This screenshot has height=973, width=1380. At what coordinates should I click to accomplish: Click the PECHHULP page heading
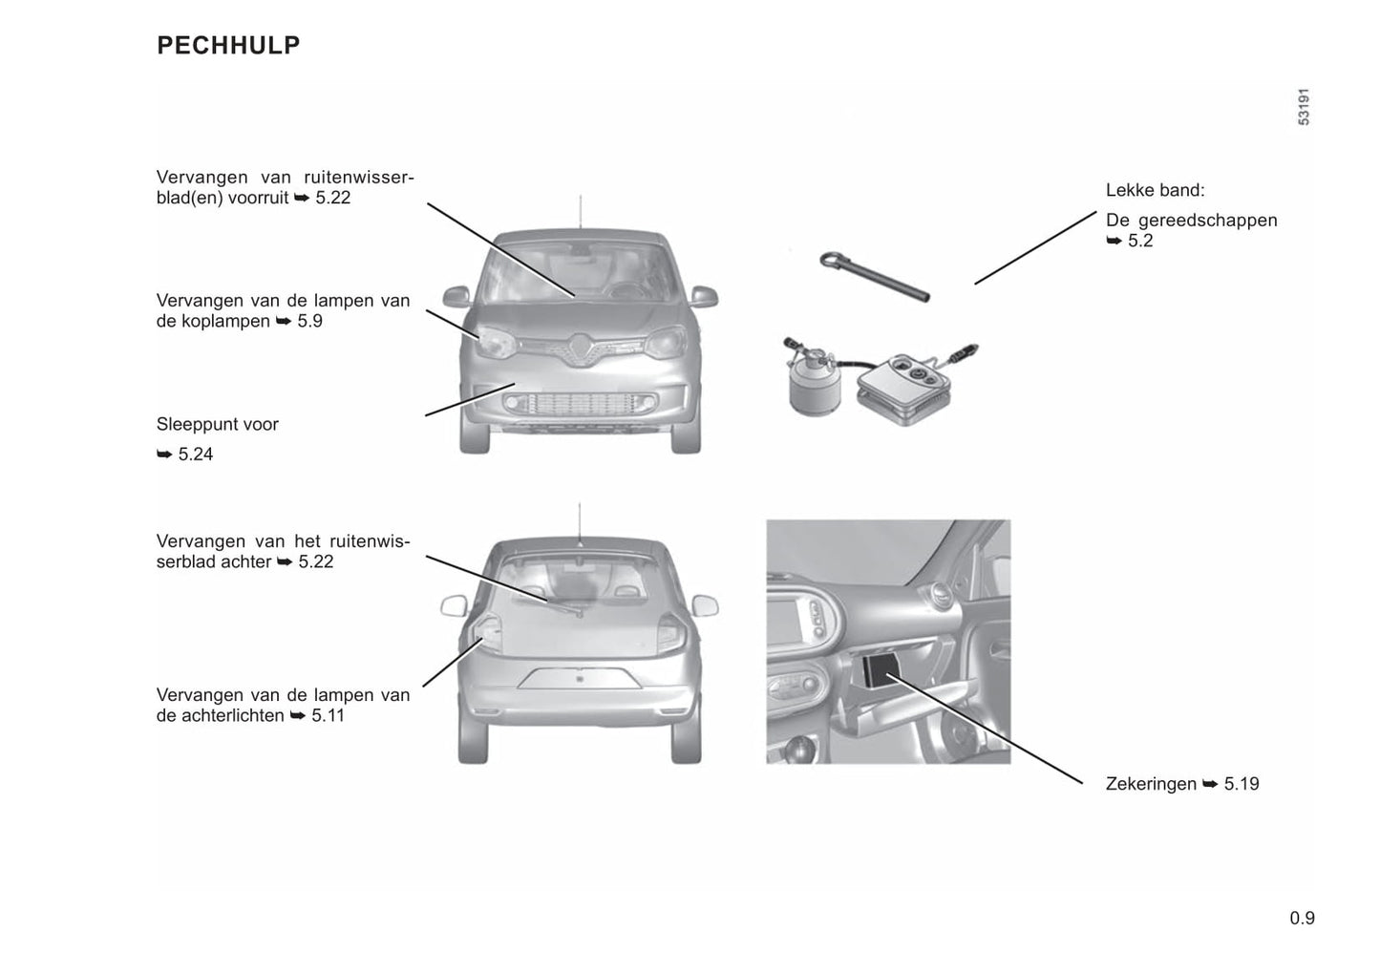click(x=228, y=45)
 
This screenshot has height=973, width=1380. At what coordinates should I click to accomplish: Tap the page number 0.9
click(x=1302, y=919)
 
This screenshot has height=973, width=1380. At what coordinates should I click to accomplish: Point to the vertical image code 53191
click(x=1304, y=107)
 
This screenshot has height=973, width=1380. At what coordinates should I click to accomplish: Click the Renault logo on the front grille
click(x=581, y=349)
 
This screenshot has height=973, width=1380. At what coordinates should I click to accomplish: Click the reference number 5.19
click(x=1241, y=784)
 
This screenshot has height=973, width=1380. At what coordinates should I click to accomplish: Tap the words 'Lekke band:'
click(x=1155, y=190)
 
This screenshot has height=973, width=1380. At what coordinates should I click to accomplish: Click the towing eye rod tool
click(x=873, y=276)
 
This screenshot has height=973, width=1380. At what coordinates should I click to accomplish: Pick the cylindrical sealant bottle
click(x=812, y=383)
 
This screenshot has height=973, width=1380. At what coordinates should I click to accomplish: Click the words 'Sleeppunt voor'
click(x=218, y=424)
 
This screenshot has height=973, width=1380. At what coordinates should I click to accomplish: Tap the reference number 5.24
click(x=195, y=455)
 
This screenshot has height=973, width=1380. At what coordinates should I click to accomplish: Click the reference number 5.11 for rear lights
click(x=327, y=715)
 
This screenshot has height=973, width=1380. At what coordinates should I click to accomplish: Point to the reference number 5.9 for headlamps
click(x=309, y=321)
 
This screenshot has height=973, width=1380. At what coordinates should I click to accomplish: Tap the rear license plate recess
click(x=579, y=678)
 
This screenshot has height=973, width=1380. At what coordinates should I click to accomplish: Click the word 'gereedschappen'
click(x=1207, y=221)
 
